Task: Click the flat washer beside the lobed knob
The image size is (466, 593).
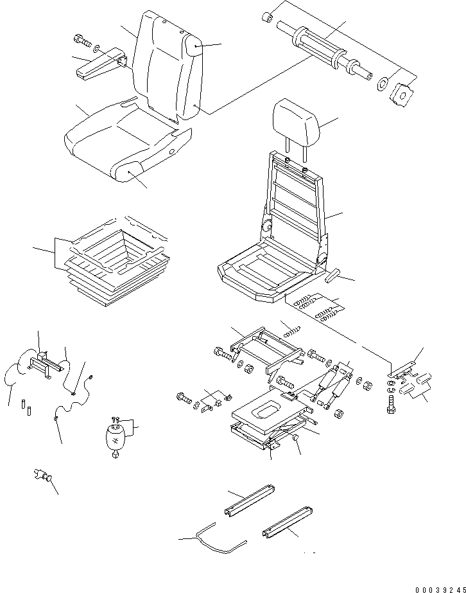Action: pos(383,84)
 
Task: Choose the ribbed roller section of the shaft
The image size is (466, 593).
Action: pos(316,48)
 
